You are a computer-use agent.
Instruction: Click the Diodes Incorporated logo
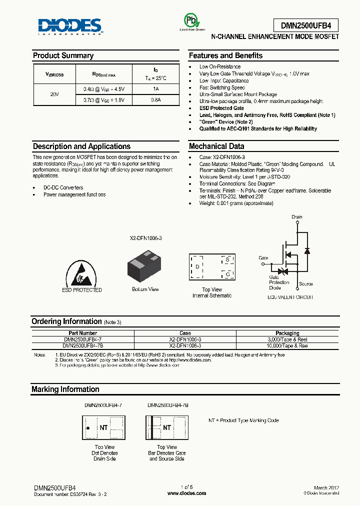point(70,26)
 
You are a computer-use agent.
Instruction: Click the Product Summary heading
point(63,55)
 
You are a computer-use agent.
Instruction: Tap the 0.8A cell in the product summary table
point(156,99)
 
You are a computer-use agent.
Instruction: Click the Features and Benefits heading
point(225,55)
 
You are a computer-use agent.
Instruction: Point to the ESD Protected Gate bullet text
point(221,108)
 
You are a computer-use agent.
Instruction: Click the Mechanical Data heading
point(216,146)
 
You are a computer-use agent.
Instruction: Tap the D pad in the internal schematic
point(197,266)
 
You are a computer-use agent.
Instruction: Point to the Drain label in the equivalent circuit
point(297,217)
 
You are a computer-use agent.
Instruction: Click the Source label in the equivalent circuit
point(306,284)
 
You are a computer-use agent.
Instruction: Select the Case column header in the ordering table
point(185,333)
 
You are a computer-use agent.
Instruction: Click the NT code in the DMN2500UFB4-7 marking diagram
point(103,427)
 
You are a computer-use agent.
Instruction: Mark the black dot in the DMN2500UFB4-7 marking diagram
point(88,428)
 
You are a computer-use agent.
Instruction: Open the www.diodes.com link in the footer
point(186,493)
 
